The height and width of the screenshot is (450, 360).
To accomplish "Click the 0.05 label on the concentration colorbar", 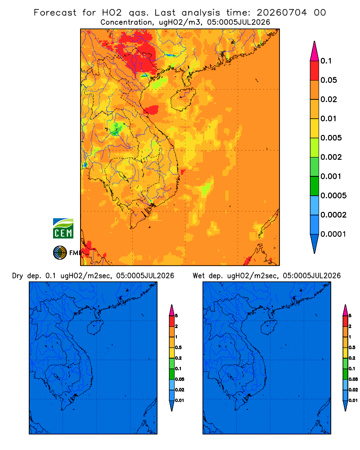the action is pyautogui.click(x=328, y=80).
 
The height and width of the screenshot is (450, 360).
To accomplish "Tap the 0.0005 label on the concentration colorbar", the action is pyautogui.click(x=333, y=196).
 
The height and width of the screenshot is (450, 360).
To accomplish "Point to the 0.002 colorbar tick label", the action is pyautogui.click(x=331, y=157).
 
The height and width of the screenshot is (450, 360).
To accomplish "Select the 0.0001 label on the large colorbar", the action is pyautogui.click(x=333, y=234).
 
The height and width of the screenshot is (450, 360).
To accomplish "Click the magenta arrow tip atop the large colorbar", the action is pyautogui.click(x=315, y=51).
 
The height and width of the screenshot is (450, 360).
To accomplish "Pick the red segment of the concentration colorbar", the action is pyautogui.click(x=315, y=71).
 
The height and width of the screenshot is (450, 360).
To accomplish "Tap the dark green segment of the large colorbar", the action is pyautogui.click(x=315, y=186).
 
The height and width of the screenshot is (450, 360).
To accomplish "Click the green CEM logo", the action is pyautogui.click(x=63, y=228).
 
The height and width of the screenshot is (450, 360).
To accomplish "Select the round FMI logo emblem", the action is pyautogui.click(x=60, y=253).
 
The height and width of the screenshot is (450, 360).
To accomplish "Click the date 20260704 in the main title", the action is pyautogui.click(x=282, y=13).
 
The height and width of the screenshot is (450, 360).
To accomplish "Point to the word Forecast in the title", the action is pyautogui.click(x=55, y=13).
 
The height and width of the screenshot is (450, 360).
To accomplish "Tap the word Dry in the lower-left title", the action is pyautogui.click(x=17, y=276).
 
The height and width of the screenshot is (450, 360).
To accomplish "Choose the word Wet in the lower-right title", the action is pyautogui.click(x=198, y=276).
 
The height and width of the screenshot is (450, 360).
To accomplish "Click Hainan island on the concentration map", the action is pyautogui.click(x=183, y=99).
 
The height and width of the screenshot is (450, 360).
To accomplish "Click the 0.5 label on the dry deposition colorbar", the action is pyautogui.click(x=178, y=347).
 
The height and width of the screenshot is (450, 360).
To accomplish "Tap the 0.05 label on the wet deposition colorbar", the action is pyautogui.click(x=353, y=379).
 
